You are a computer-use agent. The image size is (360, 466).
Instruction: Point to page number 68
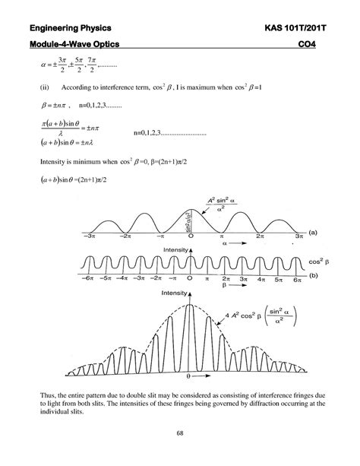pyautogui.click(x=180, y=436)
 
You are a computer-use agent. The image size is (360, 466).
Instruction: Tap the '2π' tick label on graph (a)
pyautogui.click(x=261, y=237)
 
